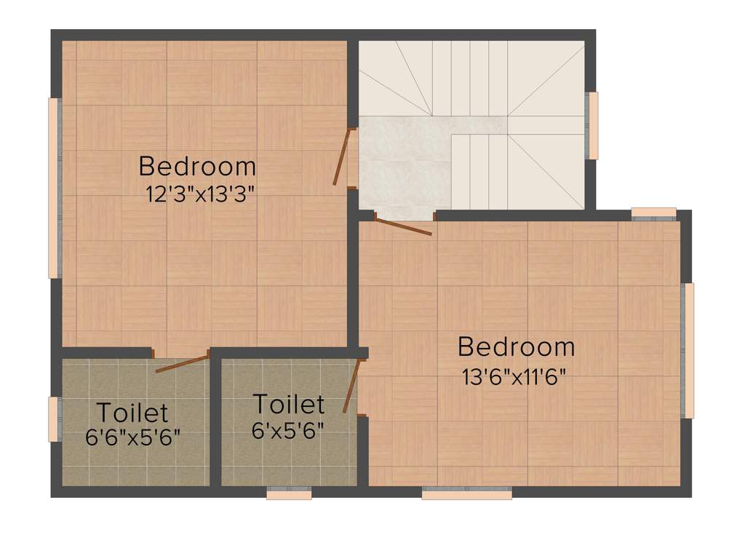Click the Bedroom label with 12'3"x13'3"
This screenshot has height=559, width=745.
197,167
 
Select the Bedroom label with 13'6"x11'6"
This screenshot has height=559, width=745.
516,347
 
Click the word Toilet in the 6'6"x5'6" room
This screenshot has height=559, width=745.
132,413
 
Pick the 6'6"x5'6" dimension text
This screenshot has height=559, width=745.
132,438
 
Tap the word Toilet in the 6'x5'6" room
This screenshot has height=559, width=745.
288,404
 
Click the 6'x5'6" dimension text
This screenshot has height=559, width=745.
288,430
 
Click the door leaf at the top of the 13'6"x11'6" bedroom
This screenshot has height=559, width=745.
404,225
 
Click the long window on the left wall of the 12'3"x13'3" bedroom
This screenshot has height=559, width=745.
52,188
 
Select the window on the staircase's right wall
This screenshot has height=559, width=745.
593,125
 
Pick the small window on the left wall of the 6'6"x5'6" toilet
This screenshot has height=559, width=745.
52,419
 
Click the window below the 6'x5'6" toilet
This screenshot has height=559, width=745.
289,494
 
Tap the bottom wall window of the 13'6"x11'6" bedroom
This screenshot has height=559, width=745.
466,494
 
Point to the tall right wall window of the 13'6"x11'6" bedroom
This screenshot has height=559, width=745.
688,350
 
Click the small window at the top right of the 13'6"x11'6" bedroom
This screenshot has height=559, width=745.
653,213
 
